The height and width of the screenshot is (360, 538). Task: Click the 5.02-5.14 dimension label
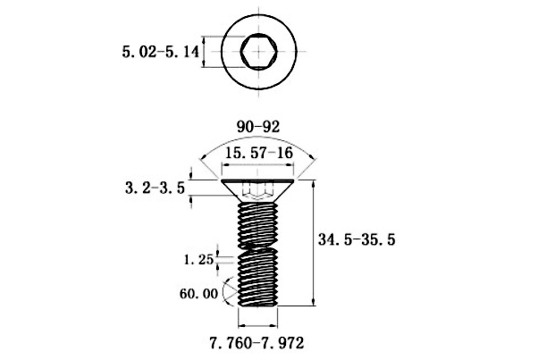coord(161,52)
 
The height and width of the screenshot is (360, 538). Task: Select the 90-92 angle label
coord(258,127)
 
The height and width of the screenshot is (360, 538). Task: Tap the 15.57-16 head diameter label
coord(259,153)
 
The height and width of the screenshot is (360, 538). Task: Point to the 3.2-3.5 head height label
coord(156,188)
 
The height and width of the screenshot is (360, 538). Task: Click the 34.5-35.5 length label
coord(357,239)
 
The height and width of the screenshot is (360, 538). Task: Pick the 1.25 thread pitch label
coord(199,260)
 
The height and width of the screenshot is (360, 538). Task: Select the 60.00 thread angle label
coord(198,294)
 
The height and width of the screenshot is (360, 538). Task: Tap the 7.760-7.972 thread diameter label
coord(257,343)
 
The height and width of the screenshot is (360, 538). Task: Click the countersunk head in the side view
coord(257,190)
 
